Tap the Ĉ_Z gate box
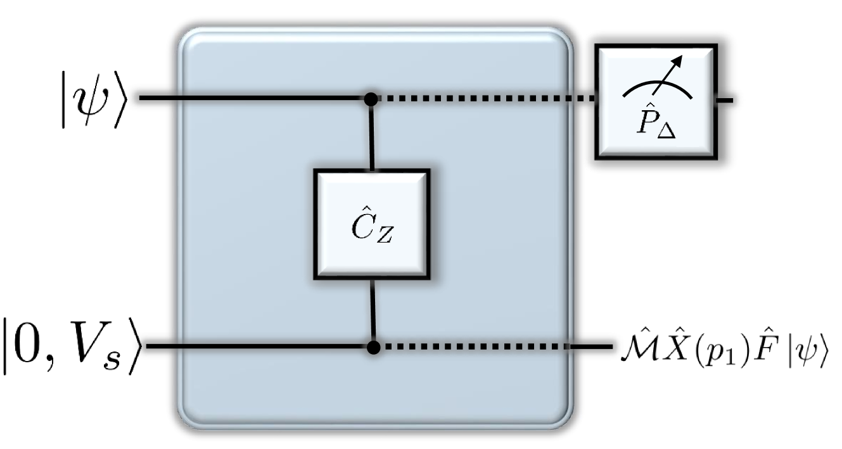[x=371, y=224]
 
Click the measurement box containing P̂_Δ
[x=655, y=101]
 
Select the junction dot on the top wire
[x=372, y=99]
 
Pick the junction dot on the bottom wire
[x=374, y=347]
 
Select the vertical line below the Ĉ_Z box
[x=373, y=310]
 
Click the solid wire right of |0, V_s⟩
[x=253, y=347]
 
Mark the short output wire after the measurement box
[x=725, y=100]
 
